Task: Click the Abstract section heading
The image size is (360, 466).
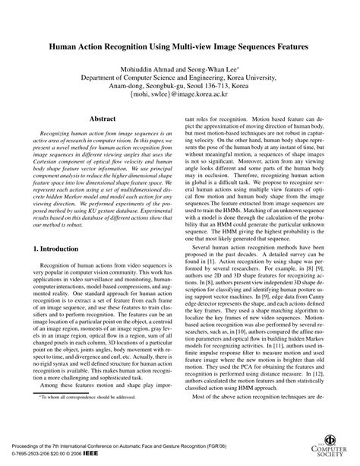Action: point(103,119)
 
